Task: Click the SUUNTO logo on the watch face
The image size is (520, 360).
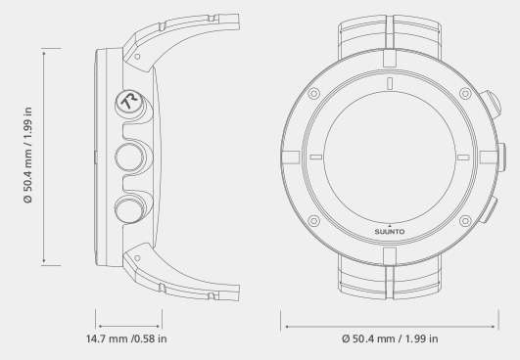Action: click(390, 232)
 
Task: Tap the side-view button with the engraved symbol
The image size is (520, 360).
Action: click(129, 103)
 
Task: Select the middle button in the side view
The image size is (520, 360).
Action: click(129, 157)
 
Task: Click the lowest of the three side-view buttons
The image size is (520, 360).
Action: click(129, 209)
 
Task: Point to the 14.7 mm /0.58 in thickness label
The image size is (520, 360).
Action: click(126, 338)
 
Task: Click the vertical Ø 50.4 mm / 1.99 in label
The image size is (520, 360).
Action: click(28, 155)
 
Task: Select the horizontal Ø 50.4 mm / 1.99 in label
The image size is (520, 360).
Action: click(390, 338)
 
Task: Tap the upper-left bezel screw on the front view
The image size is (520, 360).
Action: click(313, 93)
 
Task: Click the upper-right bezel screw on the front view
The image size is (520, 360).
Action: click(465, 93)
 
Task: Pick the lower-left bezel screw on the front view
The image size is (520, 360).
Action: click(313, 220)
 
